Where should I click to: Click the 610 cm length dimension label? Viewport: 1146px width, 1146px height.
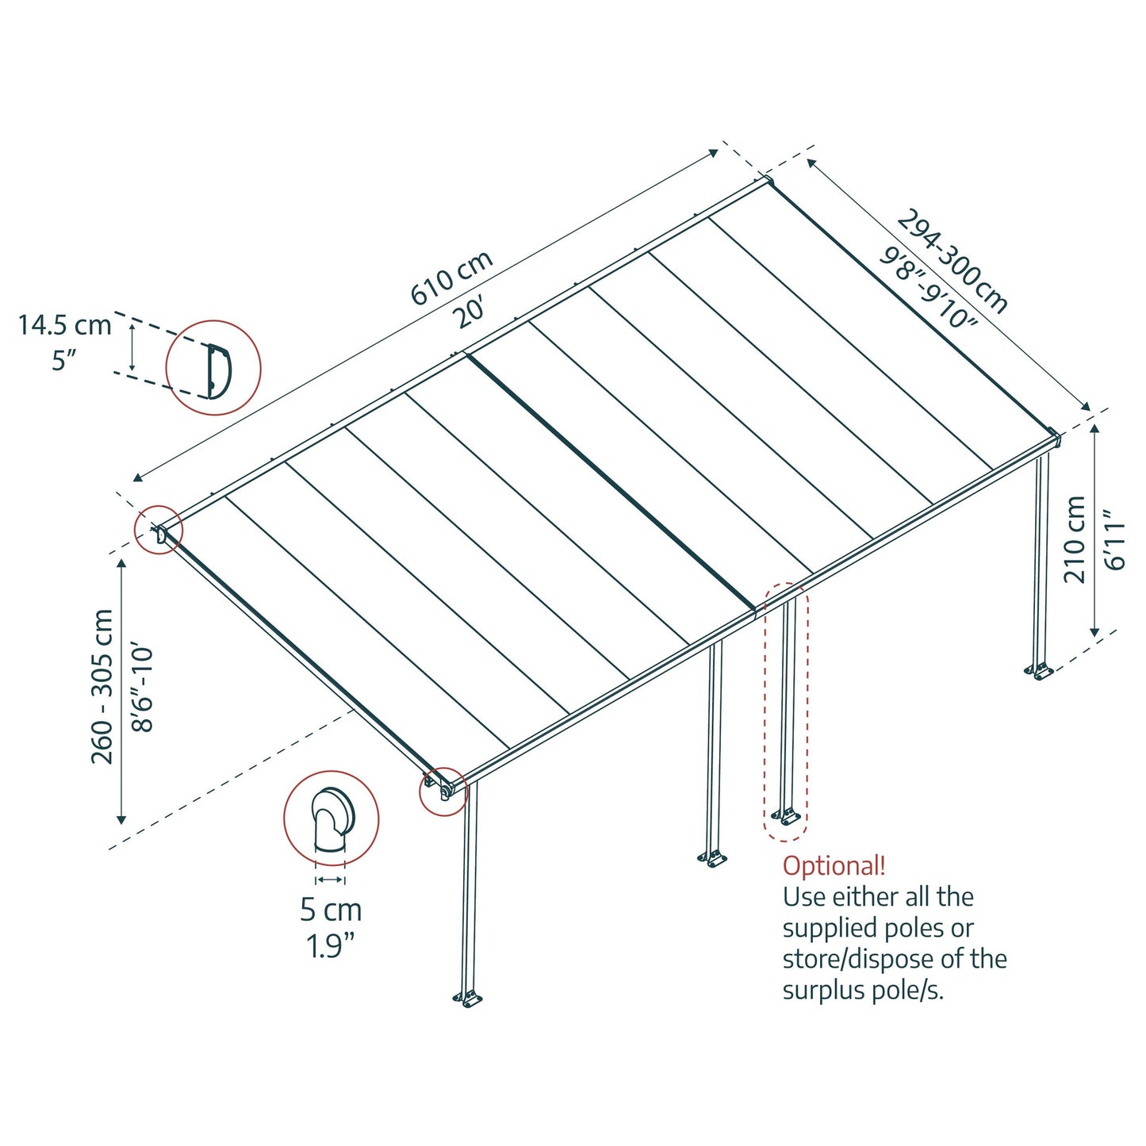(451, 278)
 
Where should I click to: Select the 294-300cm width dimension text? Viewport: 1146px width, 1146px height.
(952, 261)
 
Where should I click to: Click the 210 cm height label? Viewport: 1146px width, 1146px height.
(1075, 539)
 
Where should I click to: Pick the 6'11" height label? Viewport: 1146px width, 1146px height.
(1114, 540)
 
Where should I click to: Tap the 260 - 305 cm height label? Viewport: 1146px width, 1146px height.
(102, 686)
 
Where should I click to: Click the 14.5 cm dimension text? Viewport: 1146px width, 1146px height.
(65, 325)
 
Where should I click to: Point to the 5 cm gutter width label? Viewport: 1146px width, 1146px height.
(331, 910)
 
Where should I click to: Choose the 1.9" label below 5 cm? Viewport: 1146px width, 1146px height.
(331, 945)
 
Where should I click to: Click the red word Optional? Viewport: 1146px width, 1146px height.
(834, 865)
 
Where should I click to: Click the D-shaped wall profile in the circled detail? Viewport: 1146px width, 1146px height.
(217, 370)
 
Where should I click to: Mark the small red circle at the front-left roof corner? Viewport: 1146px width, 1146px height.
(443, 791)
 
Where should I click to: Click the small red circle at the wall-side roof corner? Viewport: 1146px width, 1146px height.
(159, 530)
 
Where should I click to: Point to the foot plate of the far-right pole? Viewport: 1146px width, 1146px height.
(1041, 672)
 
